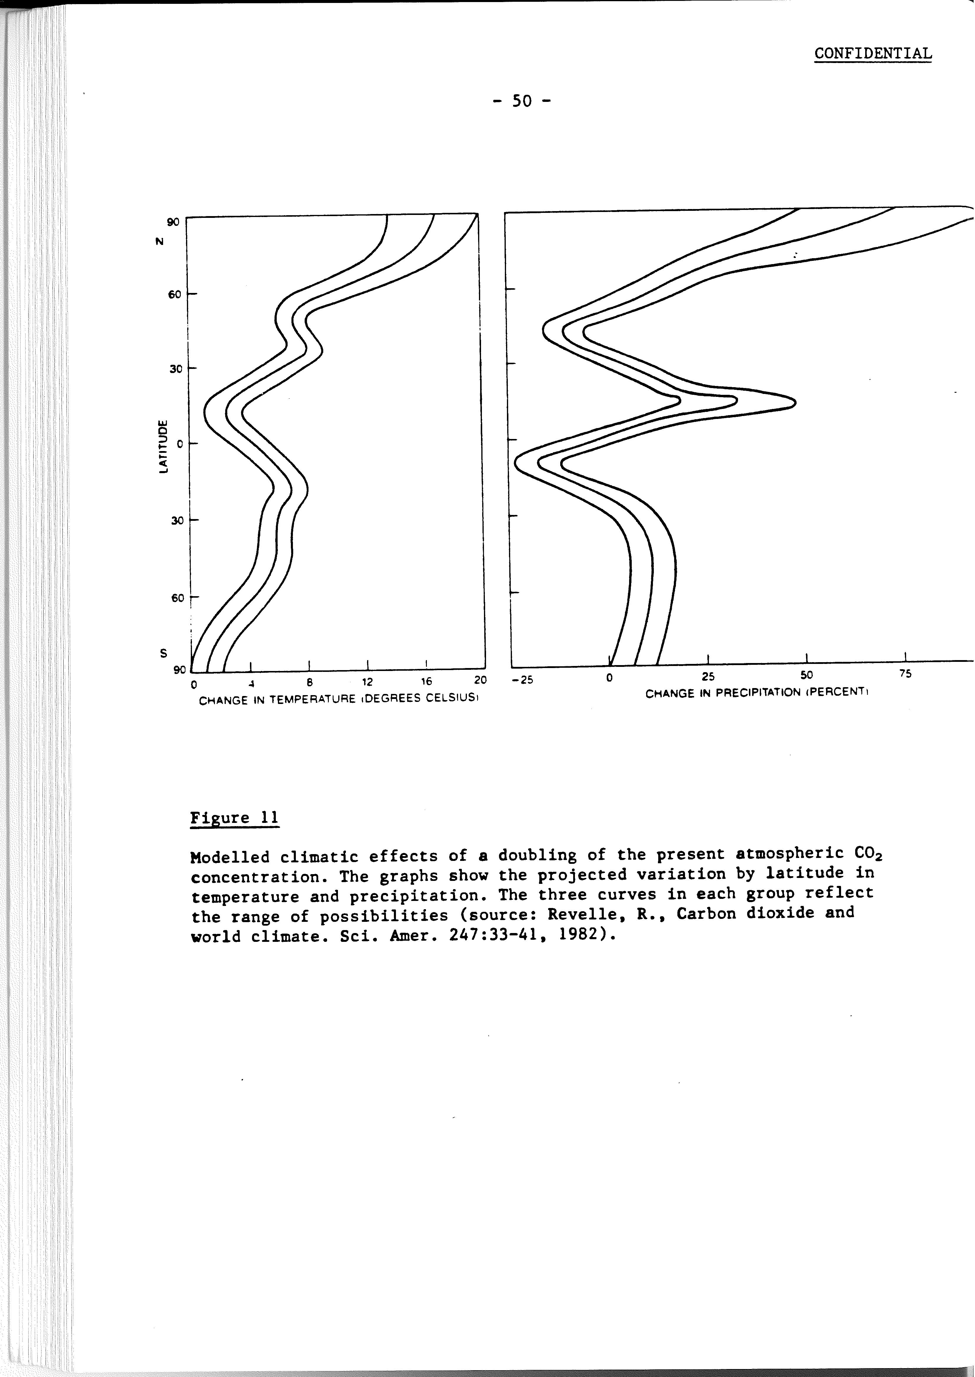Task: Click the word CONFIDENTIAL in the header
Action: tap(873, 53)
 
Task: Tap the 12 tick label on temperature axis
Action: tap(367, 682)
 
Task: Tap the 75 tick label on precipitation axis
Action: tap(905, 674)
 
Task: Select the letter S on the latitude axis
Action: tap(162, 653)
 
